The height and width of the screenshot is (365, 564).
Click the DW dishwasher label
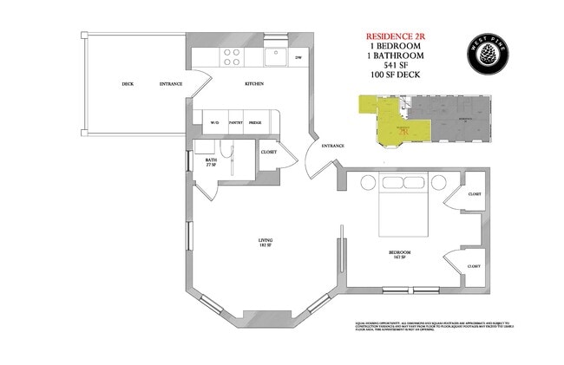[x=298, y=58]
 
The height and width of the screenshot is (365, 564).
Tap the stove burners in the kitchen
[x=232, y=57]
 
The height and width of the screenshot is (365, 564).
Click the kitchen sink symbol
[x=276, y=57]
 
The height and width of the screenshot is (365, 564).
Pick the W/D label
[x=214, y=123]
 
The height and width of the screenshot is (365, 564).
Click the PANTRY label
[x=235, y=123]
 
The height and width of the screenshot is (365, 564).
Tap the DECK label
[x=128, y=84]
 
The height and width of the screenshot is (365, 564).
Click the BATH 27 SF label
[x=211, y=162]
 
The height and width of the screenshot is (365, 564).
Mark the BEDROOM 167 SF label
[x=399, y=254]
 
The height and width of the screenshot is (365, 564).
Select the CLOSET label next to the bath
[x=269, y=153]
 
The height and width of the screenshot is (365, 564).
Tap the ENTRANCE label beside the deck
[x=171, y=84]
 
